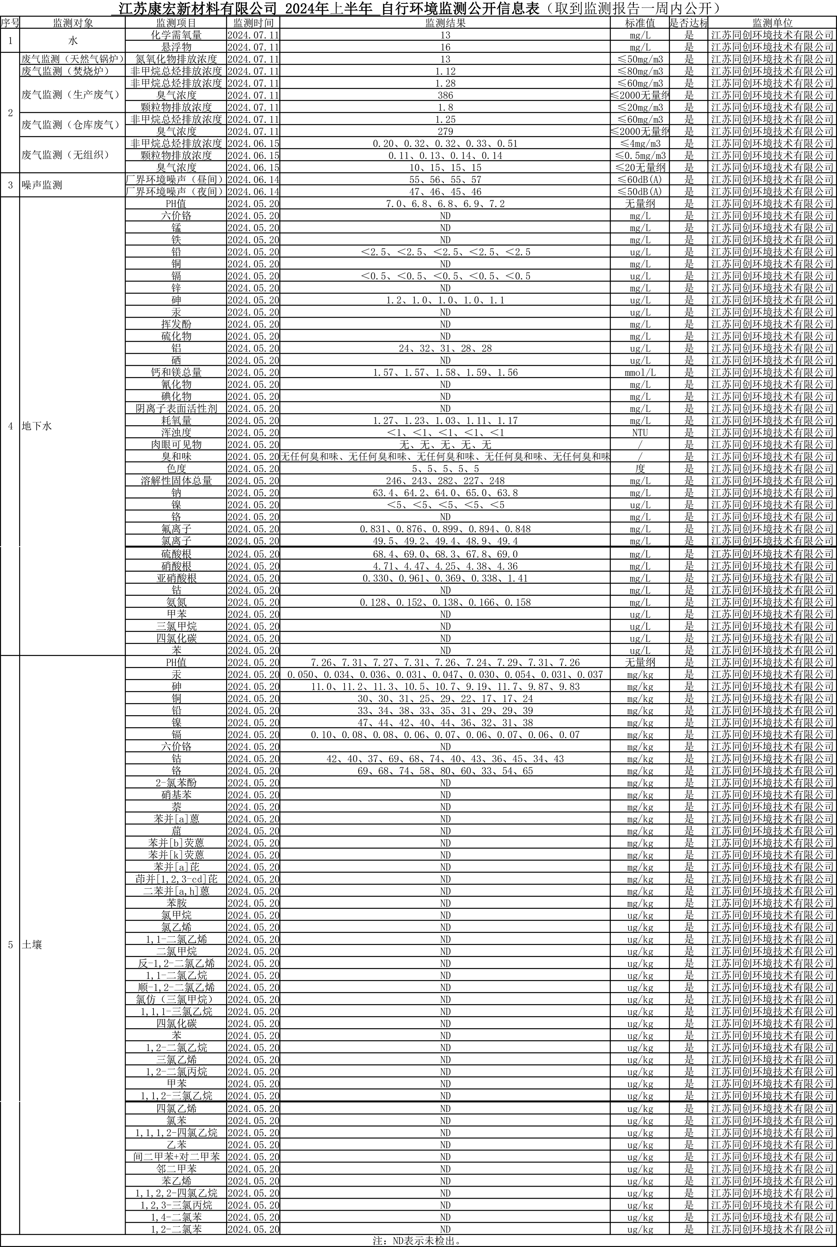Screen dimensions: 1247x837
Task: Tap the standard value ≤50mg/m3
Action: click(x=640, y=59)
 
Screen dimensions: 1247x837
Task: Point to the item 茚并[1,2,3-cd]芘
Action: click(x=176, y=879)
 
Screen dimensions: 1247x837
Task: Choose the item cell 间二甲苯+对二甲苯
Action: click(x=176, y=1156)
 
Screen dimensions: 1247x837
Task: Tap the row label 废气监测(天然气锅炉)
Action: click(x=73, y=59)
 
